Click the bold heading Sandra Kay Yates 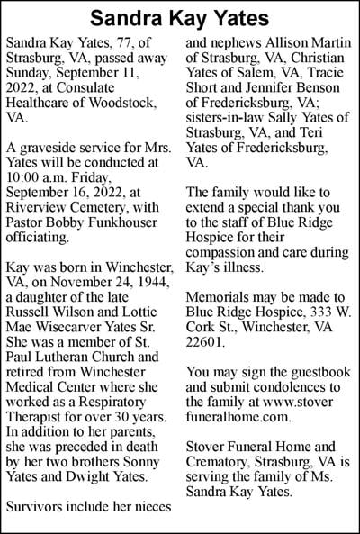pos(180,17)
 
